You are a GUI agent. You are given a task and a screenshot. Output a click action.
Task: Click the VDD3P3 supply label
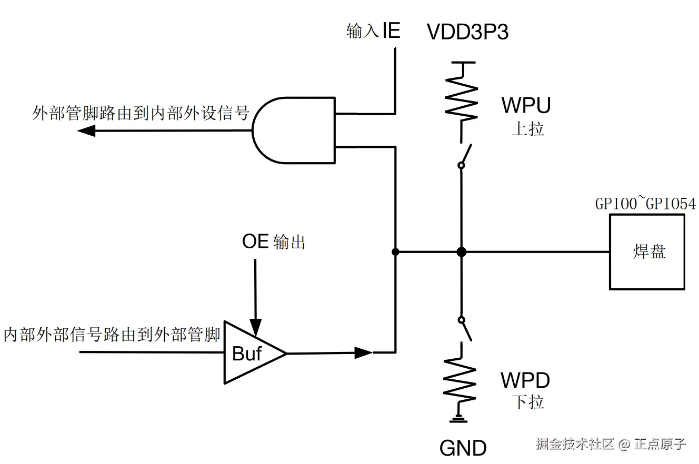pyautogui.click(x=467, y=33)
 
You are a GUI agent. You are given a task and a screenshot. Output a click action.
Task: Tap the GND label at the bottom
pyautogui.click(x=463, y=448)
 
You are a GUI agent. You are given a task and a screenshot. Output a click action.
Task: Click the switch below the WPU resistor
pyautogui.click(x=464, y=155)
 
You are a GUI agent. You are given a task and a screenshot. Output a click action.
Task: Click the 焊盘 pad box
pyautogui.click(x=647, y=252)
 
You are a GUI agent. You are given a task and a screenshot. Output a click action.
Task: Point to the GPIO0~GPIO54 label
pyautogui.click(x=645, y=204)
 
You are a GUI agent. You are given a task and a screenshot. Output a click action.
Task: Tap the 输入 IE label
pyautogui.click(x=373, y=31)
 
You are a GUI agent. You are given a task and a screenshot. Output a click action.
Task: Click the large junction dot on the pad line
pyautogui.click(x=461, y=252)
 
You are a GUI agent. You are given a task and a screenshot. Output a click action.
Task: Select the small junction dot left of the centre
pyautogui.click(x=395, y=252)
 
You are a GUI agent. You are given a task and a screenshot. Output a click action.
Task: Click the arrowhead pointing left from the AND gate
pyautogui.click(x=86, y=130)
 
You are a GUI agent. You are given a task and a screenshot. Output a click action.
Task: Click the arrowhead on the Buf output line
pyautogui.click(x=363, y=352)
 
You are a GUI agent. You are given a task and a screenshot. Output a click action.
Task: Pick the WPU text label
pyautogui.click(x=526, y=105)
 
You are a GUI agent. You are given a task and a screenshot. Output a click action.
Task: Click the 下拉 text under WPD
pyautogui.click(x=528, y=402)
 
